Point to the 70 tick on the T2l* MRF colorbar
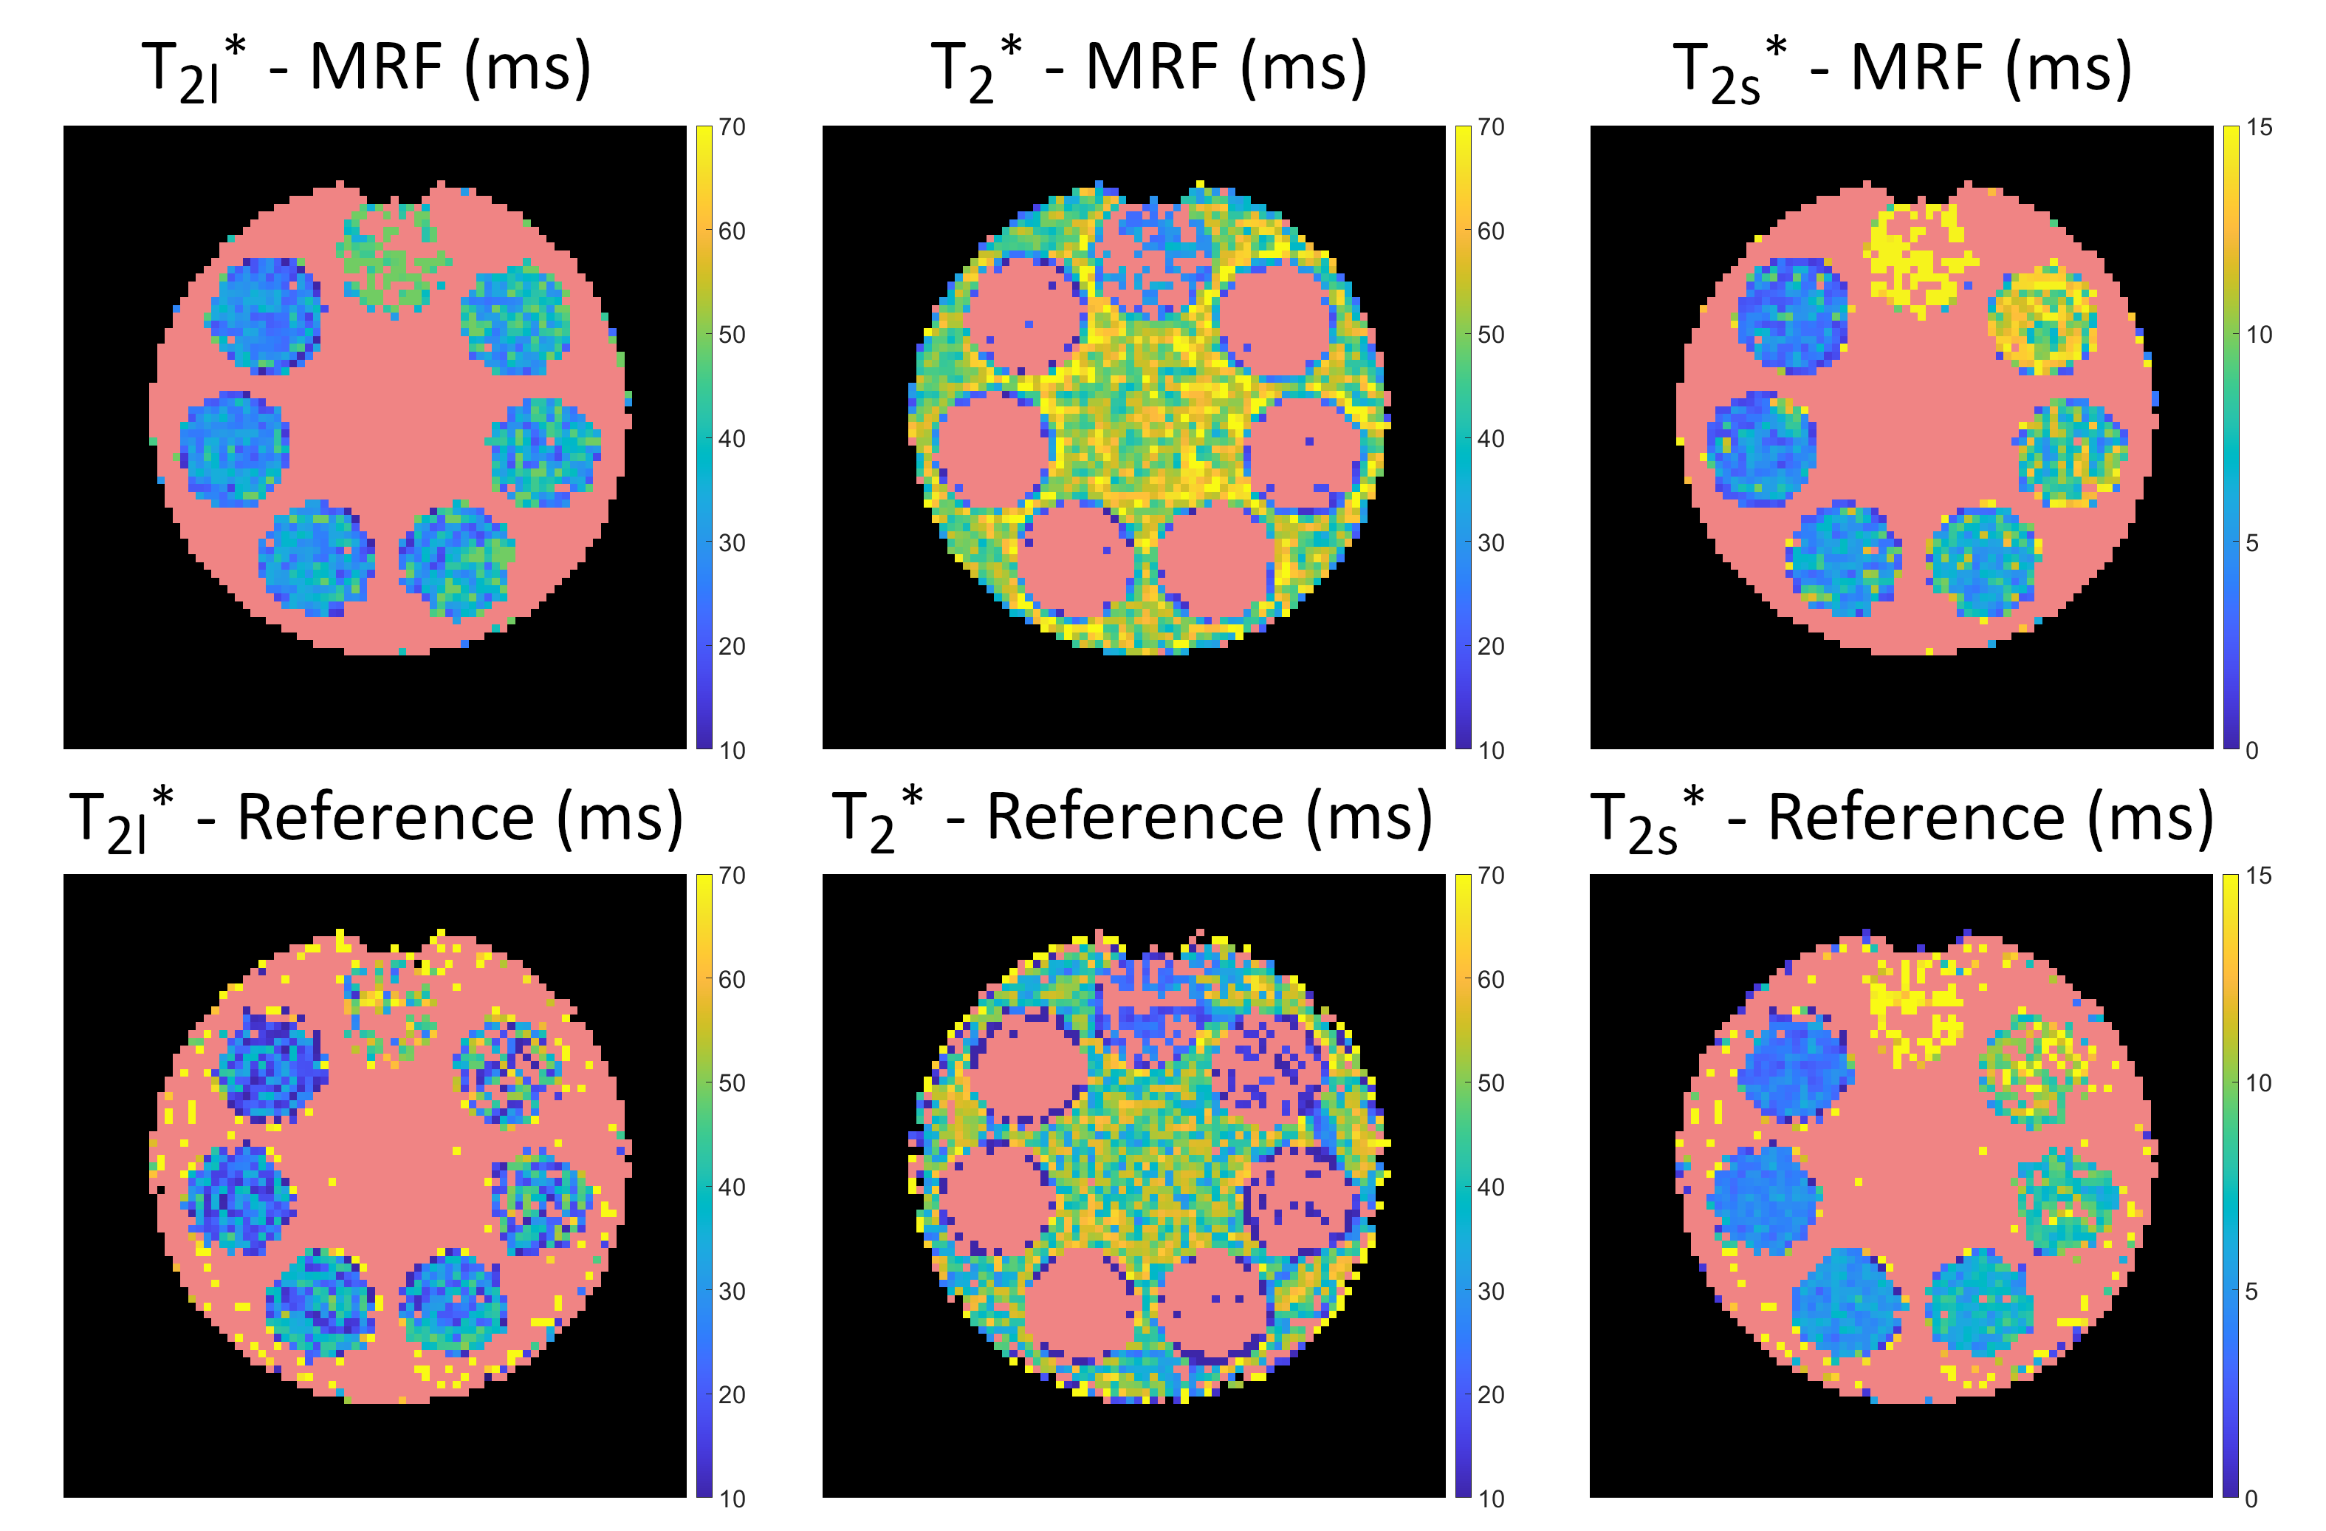(732, 128)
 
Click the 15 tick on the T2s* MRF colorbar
(2259, 128)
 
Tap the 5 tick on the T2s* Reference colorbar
(2251, 1292)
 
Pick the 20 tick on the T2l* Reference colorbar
(732, 1395)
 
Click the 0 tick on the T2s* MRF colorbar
(2251, 751)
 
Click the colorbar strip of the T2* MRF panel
(1463, 437)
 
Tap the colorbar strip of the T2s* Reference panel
(2230, 1185)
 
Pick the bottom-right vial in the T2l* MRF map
(456, 560)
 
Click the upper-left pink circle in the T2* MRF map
(1022, 315)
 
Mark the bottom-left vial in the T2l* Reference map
(320, 1303)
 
